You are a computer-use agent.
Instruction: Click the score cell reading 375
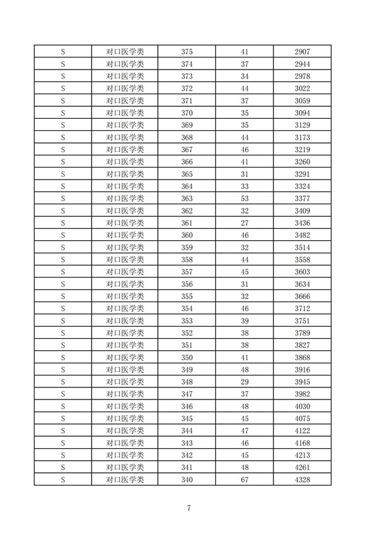tap(187, 51)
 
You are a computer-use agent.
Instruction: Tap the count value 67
tap(245, 480)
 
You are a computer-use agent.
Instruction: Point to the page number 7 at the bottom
tap(189, 509)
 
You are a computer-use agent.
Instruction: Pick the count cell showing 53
tap(245, 198)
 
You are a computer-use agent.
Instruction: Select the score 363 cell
tap(187, 198)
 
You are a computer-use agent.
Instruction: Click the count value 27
tap(245, 222)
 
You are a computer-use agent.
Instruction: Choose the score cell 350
tap(187, 357)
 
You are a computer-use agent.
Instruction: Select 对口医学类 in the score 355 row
tap(125, 296)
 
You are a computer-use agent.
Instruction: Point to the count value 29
tap(245, 382)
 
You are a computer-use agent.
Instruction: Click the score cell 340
tap(187, 480)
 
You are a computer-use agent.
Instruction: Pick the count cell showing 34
tap(245, 76)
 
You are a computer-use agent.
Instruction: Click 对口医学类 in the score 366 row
tap(125, 161)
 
